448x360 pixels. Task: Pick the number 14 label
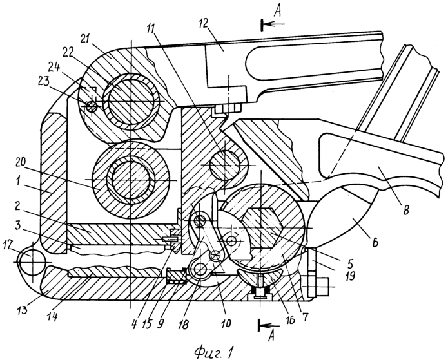(52, 316)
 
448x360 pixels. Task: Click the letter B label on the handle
(407, 211)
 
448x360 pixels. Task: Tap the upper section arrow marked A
(273, 24)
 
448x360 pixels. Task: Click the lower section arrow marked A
(269, 325)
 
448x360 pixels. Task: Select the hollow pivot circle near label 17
(32, 262)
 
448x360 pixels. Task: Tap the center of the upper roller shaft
(130, 102)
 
